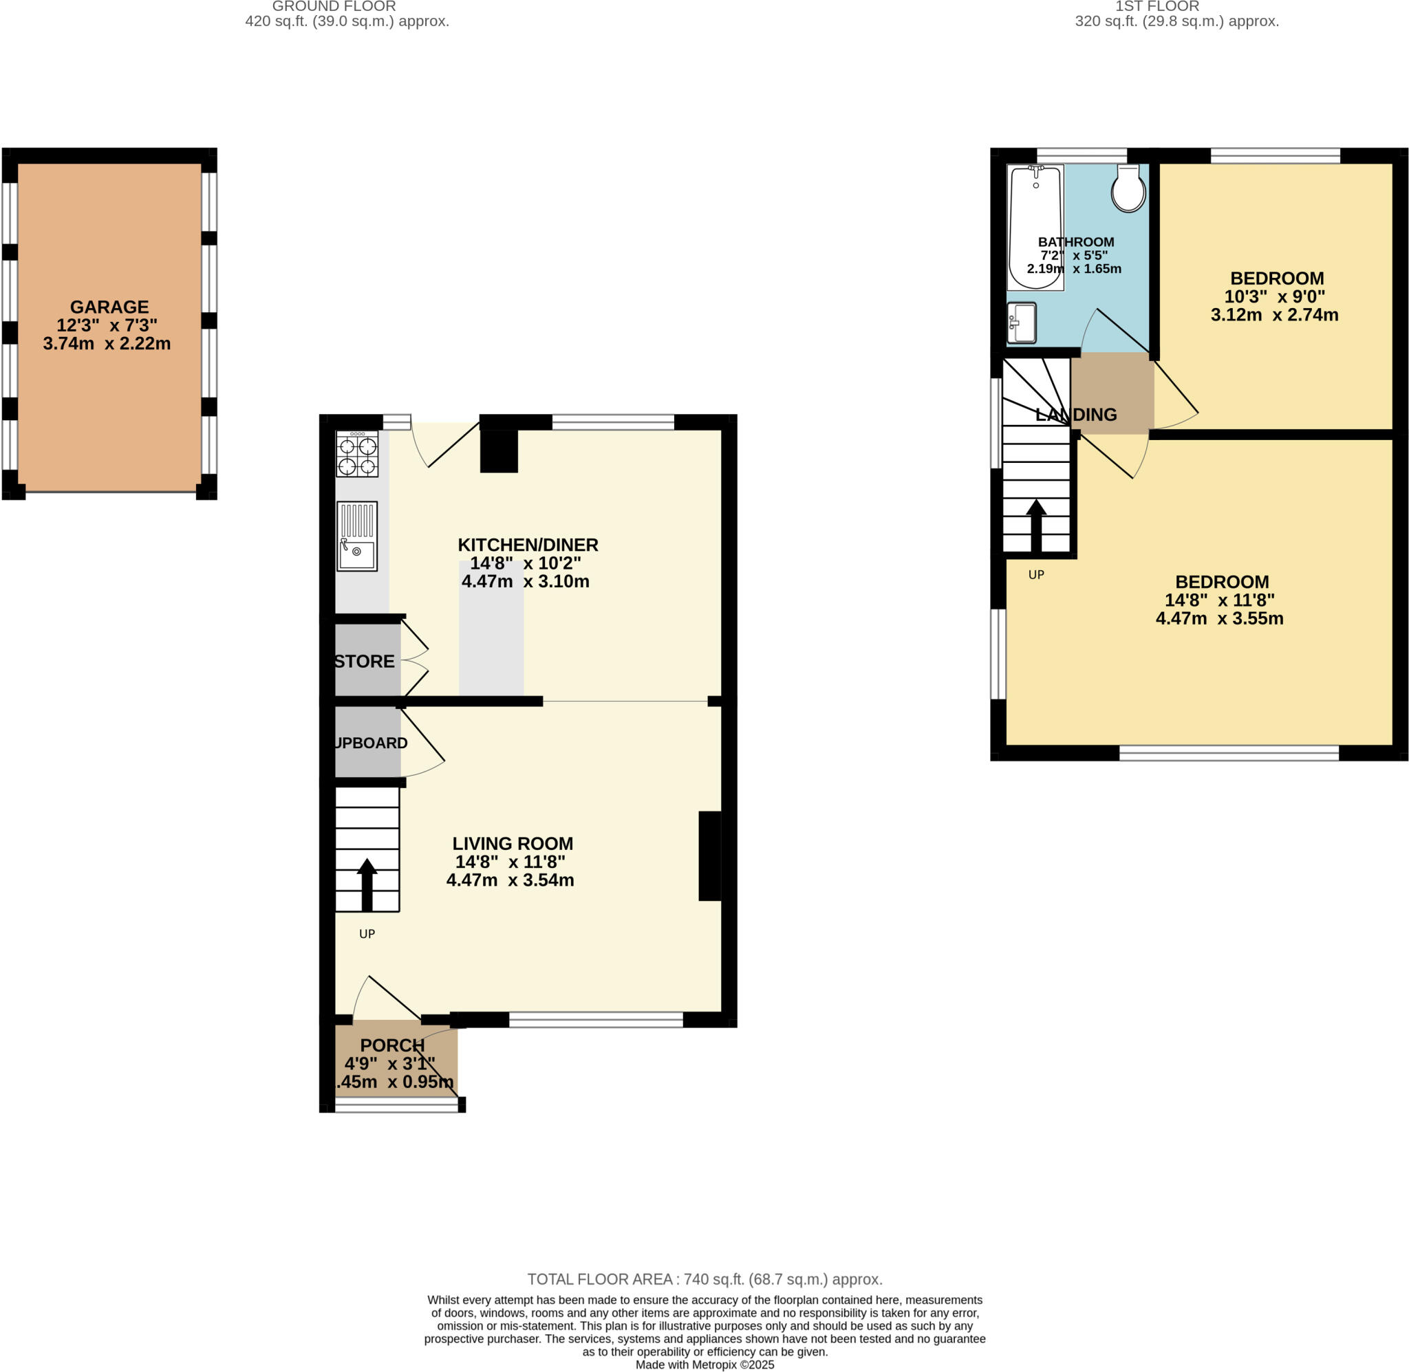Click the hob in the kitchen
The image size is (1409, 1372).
coord(357,454)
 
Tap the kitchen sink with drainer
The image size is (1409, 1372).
coord(357,536)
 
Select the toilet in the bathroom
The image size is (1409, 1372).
coord(1128,190)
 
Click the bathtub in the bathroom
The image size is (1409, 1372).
coord(1035,227)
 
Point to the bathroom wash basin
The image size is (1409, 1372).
coord(1021,323)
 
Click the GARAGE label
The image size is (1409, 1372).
coord(109,307)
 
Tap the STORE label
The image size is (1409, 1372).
coord(365,662)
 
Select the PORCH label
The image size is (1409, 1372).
coord(392,1045)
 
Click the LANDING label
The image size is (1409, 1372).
coord(1075,414)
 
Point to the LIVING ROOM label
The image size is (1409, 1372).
coord(513,843)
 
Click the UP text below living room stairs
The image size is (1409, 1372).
coord(367,934)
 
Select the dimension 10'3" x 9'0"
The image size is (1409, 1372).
coord(1274,296)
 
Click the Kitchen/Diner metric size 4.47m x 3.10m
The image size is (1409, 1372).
coord(526,582)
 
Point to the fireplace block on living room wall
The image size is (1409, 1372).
coord(709,856)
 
